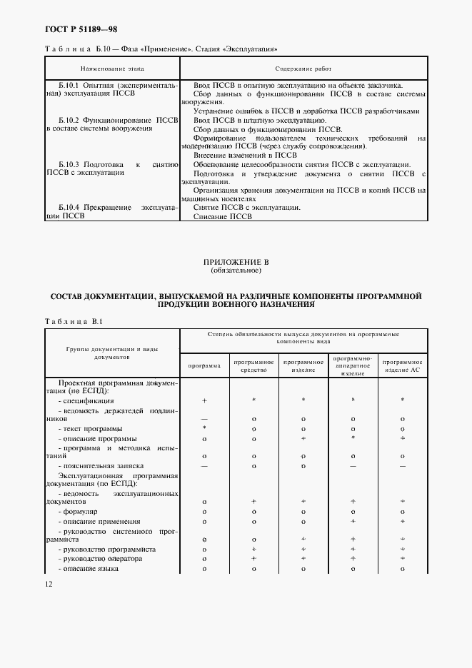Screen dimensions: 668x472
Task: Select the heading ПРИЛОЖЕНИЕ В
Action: [235, 263]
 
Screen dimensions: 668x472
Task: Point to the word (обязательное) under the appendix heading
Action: [235, 271]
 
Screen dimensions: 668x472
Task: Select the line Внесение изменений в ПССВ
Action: [236, 155]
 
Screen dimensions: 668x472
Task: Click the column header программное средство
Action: [253, 365]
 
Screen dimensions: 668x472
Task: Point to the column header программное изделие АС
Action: [403, 365]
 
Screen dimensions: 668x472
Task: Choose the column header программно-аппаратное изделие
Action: [353, 365]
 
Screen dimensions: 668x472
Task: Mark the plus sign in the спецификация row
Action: [204, 401]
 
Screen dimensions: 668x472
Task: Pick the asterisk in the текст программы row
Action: [204, 427]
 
